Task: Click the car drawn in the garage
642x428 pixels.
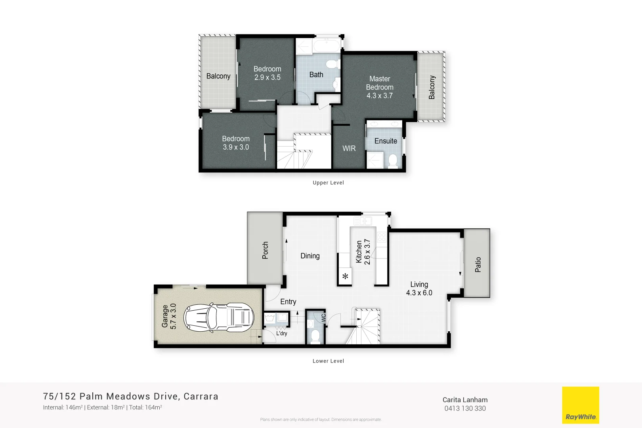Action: (x=218, y=317)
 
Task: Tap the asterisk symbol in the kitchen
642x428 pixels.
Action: (x=345, y=276)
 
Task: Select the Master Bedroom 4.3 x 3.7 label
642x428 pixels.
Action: (x=379, y=87)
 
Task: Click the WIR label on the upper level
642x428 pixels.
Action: (x=349, y=148)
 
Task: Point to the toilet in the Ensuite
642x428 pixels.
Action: (x=393, y=161)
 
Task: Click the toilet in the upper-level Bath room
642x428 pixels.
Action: (x=332, y=64)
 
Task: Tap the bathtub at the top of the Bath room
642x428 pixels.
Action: (x=327, y=46)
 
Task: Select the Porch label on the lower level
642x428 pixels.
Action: (x=265, y=250)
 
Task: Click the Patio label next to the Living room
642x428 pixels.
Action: (x=478, y=264)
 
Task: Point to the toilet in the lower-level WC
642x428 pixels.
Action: (x=315, y=336)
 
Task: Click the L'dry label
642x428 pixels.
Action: (x=281, y=333)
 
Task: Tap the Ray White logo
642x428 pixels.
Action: (x=581, y=405)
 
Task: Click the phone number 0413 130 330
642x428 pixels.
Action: (x=465, y=409)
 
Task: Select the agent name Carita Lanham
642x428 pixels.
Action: (x=465, y=400)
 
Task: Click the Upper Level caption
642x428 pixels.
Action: (x=328, y=183)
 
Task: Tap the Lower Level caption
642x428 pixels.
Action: (x=328, y=361)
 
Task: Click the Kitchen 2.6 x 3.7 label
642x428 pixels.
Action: (x=363, y=252)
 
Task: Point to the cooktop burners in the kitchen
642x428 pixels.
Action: (x=382, y=237)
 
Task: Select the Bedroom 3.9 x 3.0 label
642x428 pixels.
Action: (x=236, y=143)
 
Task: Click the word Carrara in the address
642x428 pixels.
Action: (x=201, y=396)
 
